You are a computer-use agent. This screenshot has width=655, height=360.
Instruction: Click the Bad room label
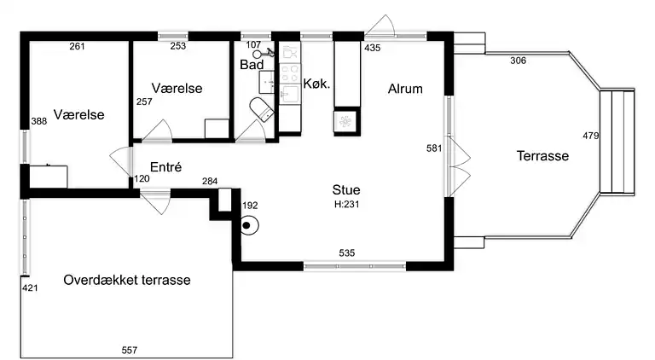[x=252, y=65]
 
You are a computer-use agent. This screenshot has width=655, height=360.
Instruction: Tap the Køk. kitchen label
[x=316, y=84]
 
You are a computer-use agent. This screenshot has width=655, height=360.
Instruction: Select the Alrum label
[x=405, y=89]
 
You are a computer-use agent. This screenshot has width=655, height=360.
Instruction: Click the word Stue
[x=346, y=190]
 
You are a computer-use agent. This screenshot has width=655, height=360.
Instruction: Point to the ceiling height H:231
[x=347, y=204]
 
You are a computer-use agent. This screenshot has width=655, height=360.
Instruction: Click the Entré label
[x=165, y=167]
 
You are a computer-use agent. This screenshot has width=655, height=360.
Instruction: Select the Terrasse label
[x=542, y=156]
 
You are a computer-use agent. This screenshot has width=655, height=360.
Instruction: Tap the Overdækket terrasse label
[x=127, y=280]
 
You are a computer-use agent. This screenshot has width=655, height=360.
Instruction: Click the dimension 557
[x=130, y=350]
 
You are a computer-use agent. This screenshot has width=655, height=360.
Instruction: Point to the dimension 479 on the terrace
[x=591, y=136]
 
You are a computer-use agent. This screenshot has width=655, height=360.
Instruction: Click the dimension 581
[x=434, y=148]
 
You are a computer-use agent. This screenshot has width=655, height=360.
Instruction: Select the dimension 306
[x=518, y=61]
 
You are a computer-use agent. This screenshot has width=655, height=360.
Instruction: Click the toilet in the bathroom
[x=262, y=109]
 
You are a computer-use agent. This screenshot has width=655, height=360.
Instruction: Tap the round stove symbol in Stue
[x=250, y=225]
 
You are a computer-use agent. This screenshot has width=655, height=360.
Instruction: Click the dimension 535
[x=347, y=253]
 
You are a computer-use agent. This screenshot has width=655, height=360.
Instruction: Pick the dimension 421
[x=30, y=287]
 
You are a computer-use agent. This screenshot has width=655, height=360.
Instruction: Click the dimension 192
[x=250, y=206]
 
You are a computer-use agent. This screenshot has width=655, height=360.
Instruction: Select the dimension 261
[x=78, y=46]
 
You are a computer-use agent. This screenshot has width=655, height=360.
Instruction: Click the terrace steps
[x=617, y=141]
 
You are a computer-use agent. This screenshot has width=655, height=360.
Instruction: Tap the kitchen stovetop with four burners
[x=289, y=73]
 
